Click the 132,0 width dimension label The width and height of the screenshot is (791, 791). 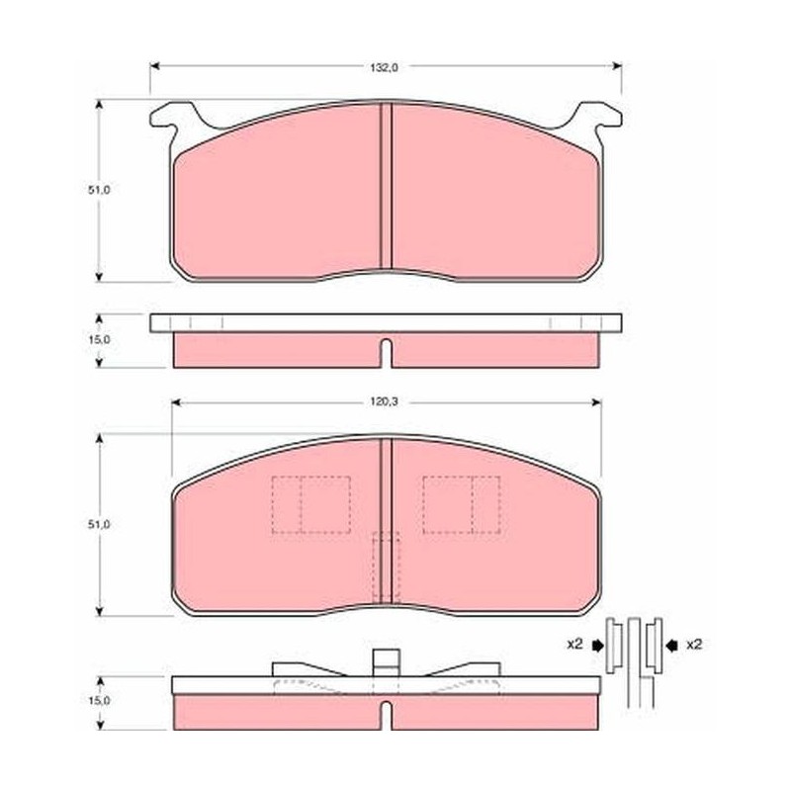385,67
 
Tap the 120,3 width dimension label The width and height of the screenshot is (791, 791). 385,402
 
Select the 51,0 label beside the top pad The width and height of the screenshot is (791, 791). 99,190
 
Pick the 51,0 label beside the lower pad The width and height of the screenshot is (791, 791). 99,525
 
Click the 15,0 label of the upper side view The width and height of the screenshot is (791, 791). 99,339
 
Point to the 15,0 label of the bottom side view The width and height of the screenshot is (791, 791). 99,701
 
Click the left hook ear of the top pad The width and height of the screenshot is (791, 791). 171,117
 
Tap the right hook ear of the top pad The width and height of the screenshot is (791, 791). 599,117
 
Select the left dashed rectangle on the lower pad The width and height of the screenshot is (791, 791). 311,504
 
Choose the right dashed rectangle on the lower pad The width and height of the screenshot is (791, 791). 462,504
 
